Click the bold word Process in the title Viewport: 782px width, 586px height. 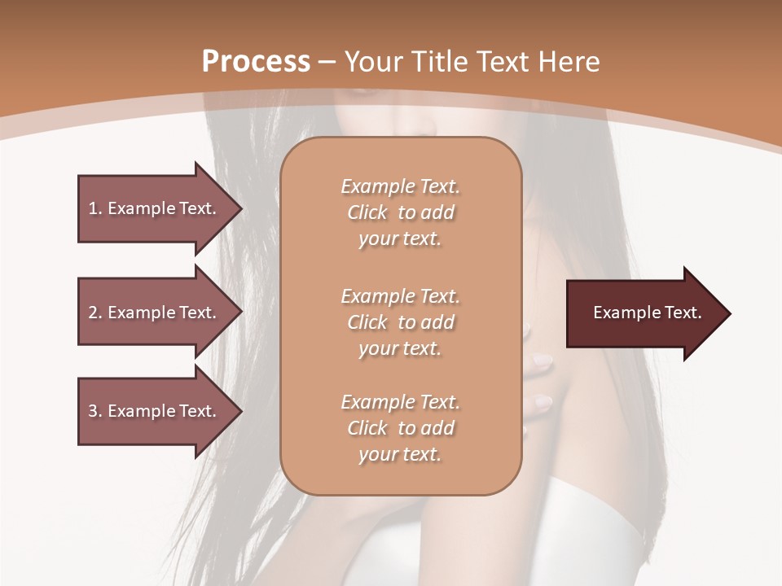(x=256, y=62)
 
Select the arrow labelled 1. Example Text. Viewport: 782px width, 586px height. (x=155, y=208)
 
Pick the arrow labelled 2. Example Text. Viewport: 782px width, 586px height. (x=155, y=313)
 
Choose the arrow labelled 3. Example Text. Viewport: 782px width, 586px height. (x=155, y=411)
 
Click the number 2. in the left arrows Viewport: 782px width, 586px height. (x=94, y=313)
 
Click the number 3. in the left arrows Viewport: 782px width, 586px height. (x=94, y=411)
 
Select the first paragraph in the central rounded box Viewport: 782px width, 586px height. (x=400, y=212)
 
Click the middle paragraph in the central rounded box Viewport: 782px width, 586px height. (x=400, y=321)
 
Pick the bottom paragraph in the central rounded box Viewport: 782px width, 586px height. (x=400, y=428)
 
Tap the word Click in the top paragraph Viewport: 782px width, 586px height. (x=367, y=212)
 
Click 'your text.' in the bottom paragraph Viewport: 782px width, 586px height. (x=400, y=454)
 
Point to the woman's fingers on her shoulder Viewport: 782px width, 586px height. (x=540, y=383)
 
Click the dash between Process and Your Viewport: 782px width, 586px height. (x=328, y=62)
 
